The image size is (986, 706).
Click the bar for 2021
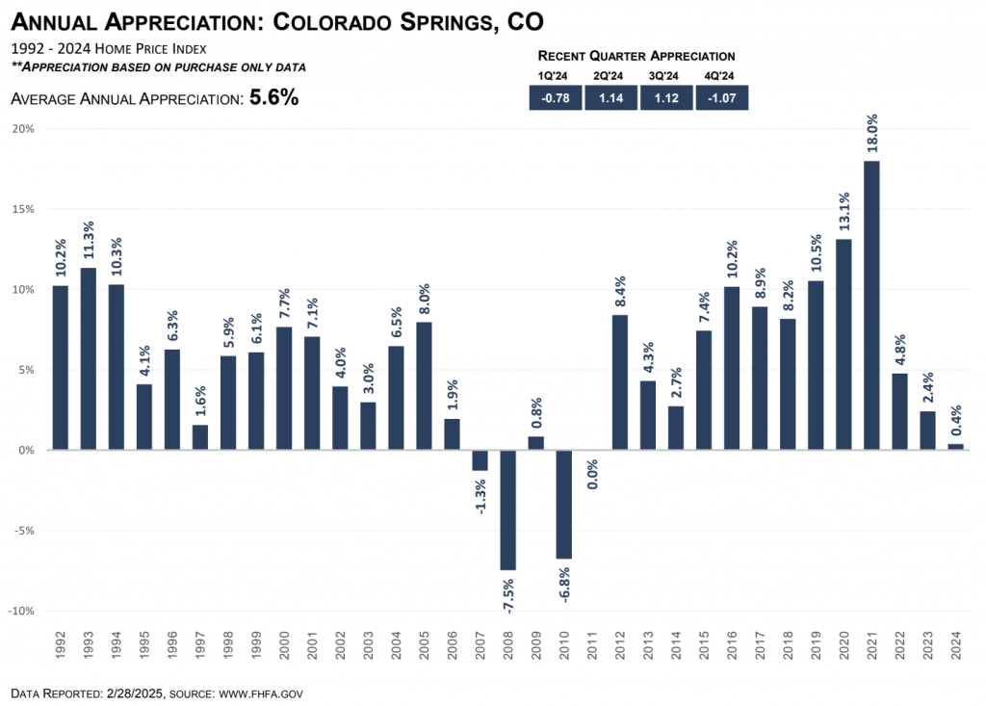871,304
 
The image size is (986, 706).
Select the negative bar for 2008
508,510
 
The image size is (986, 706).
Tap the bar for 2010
564,504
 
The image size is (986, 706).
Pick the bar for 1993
89,358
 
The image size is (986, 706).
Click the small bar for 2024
955,446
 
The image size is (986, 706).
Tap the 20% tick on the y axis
22,129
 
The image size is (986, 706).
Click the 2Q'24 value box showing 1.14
610,97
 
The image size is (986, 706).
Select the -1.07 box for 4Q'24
721,97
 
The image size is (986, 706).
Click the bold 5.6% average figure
273,97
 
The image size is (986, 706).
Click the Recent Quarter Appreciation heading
636,56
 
